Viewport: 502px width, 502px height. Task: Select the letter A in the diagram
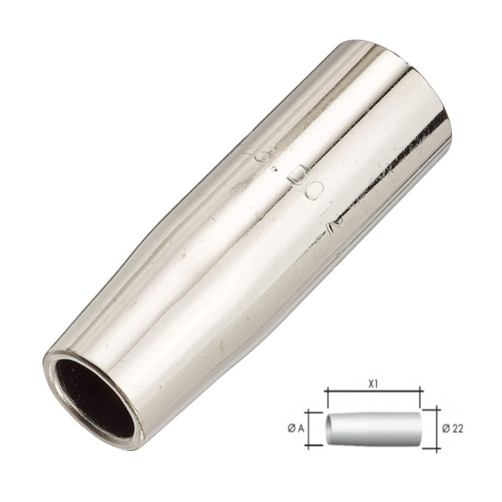coord(313,426)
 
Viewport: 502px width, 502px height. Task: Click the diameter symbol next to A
coord(300,426)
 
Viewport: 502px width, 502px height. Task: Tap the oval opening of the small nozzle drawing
coord(331,426)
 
